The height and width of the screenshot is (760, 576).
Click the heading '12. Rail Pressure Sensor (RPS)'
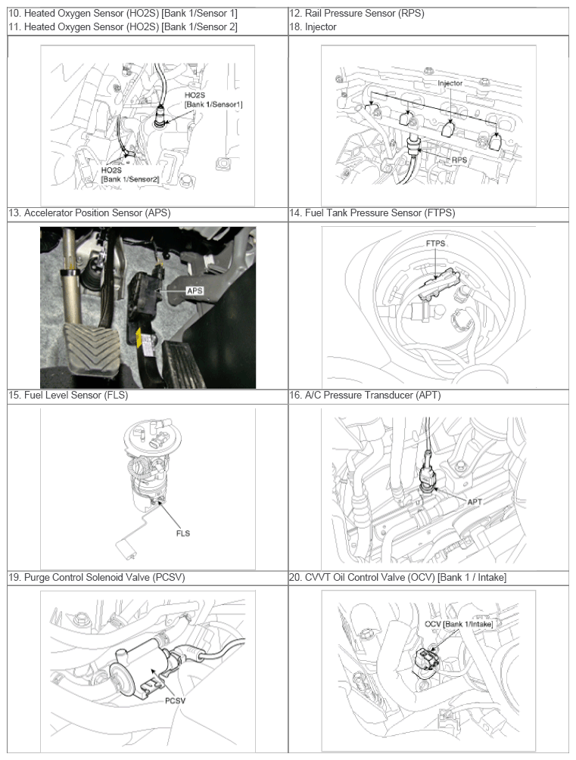point(356,14)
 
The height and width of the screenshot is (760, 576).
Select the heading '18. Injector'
point(313,27)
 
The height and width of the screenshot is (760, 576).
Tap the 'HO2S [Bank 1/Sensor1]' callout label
point(213,100)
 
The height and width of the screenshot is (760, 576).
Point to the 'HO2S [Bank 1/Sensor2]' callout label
point(129,175)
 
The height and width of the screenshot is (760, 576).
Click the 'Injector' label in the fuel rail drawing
point(450,83)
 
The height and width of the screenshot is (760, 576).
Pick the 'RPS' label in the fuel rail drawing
point(459,160)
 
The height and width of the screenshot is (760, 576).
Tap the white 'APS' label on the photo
point(195,290)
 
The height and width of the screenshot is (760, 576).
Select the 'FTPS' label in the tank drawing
point(435,244)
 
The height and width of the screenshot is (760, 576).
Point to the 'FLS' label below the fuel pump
point(183,534)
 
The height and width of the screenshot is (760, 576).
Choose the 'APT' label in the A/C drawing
point(474,502)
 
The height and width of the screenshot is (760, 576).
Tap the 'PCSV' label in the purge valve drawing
point(175,701)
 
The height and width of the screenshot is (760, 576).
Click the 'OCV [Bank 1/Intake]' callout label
point(459,624)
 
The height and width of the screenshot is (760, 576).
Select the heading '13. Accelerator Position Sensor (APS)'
point(89,213)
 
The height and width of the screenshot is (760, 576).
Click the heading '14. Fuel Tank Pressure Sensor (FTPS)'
point(372,213)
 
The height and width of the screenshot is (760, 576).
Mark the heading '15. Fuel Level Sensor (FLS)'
point(68,396)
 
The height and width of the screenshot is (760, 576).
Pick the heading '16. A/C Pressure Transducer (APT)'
point(365,396)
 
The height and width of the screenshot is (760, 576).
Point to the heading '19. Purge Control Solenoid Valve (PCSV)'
point(97,578)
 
